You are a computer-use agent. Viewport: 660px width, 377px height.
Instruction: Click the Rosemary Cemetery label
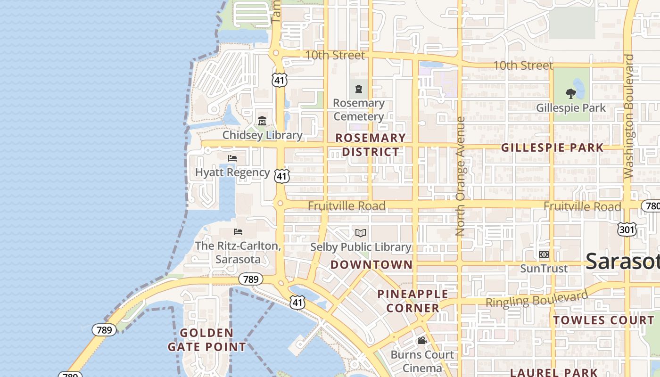coord(358,110)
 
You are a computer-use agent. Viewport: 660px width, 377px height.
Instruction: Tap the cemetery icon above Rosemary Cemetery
coord(359,89)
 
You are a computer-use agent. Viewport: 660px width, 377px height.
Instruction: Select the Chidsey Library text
coord(262,135)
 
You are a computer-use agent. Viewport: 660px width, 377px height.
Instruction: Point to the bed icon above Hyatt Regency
coord(232,158)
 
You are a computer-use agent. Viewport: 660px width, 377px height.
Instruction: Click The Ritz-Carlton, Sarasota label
coord(238,253)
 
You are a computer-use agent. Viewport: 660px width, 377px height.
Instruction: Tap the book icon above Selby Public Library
coord(361,233)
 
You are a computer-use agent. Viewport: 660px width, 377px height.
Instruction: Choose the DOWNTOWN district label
coord(371,265)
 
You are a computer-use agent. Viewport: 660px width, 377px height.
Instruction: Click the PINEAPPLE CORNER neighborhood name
coord(413,301)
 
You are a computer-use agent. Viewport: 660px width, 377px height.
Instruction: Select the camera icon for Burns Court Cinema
coord(422,340)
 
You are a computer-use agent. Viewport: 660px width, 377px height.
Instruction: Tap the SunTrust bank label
coord(544,269)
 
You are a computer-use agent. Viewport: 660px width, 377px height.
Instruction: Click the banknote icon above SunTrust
coord(544,254)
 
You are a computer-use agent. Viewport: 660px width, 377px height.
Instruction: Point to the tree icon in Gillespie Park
coord(571,93)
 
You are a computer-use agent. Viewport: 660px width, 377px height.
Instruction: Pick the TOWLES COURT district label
coord(604,320)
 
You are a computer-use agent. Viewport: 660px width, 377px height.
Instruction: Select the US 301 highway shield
coord(627,229)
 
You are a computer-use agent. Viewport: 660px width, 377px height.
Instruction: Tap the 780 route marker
coord(652,206)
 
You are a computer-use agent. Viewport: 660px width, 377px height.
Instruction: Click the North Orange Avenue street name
coord(461,177)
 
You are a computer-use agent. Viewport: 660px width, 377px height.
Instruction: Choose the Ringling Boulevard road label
coord(537,299)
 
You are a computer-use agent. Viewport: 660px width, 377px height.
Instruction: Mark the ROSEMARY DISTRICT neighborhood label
coord(371,145)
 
